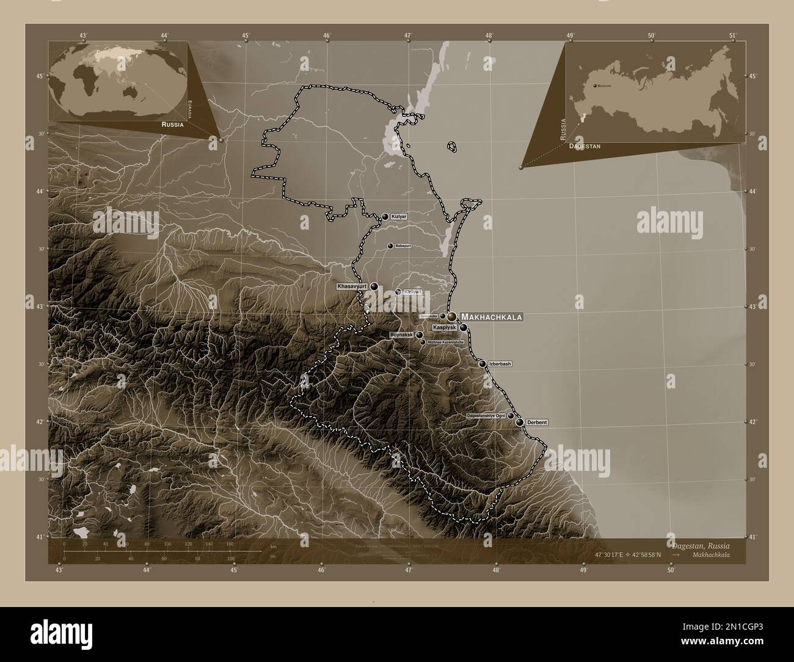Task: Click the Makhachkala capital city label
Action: click(492, 318)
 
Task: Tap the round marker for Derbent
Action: click(519, 422)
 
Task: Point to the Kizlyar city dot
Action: click(385, 216)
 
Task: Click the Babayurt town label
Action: click(404, 246)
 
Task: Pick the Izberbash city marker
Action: click(483, 364)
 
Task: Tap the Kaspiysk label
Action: click(445, 328)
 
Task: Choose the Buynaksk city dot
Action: click(419, 335)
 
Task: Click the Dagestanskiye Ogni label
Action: click(486, 416)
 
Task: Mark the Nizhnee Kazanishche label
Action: click(445, 343)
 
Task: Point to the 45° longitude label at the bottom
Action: click(234, 570)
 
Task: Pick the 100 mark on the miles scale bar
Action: click(230, 558)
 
